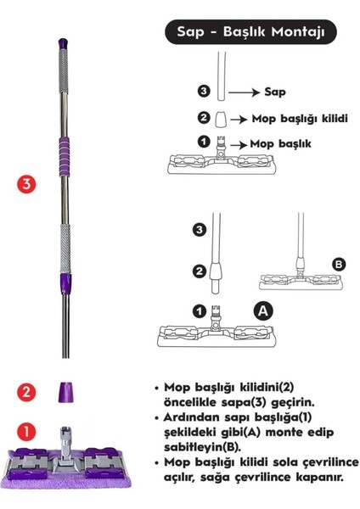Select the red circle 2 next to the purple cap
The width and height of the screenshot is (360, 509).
(27, 391)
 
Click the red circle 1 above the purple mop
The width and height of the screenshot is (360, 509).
(27, 432)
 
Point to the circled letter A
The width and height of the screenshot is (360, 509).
(264, 310)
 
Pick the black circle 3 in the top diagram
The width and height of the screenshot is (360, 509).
(203, 88)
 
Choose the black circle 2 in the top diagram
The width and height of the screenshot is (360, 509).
(203, 117)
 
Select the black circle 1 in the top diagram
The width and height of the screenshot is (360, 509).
(203, 141)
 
